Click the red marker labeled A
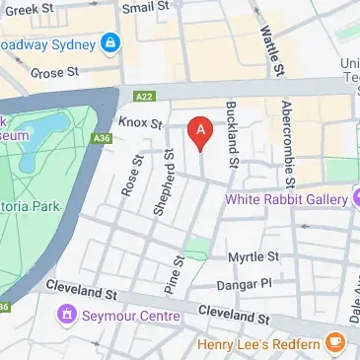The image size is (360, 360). tap(200, 132)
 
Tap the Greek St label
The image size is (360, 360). tap(30, 10)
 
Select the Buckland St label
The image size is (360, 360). tap(233, 134)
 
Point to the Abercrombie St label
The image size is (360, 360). tap(287, 143)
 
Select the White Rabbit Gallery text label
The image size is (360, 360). tap(286, 199)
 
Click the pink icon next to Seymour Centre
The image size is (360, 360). tap(67, 317)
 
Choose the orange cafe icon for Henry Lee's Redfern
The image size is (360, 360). tap(335, 342)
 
